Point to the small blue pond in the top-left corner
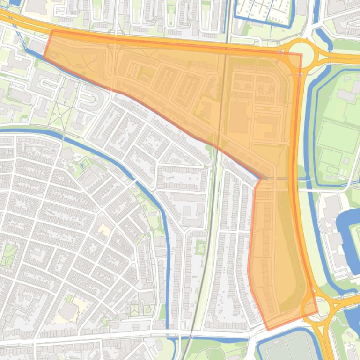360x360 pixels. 14,2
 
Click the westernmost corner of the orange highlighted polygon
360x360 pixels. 44,58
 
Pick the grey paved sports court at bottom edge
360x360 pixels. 286,348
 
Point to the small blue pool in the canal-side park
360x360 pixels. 84,165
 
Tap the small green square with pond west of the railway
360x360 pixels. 201,247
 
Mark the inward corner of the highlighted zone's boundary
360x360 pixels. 260,178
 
